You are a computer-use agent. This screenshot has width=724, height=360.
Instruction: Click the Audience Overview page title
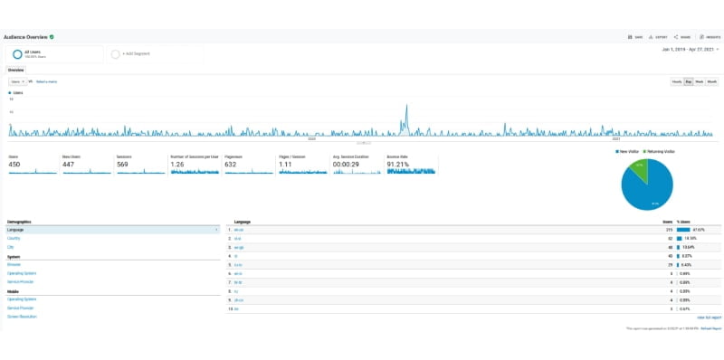click(26, 37)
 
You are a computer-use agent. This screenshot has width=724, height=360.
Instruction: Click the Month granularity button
click(712, 81)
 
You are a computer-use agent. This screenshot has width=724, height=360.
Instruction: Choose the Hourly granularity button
click(677, 81)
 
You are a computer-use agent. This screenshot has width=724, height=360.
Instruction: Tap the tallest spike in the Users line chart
click(405, 108)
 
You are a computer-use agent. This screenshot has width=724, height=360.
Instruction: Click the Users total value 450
click(14, 165)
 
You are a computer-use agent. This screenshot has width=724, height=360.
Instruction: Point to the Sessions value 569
click(124, 165)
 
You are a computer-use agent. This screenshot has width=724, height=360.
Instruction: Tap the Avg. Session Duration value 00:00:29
click(347, 165)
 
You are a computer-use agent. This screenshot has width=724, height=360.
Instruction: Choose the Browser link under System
click(14, 263)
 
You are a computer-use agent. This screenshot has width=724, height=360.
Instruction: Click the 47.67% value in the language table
click(699, 230)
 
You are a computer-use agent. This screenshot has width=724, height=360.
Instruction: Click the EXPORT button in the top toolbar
click(660, 37)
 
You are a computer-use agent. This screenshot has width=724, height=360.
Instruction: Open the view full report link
click(710, 317)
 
